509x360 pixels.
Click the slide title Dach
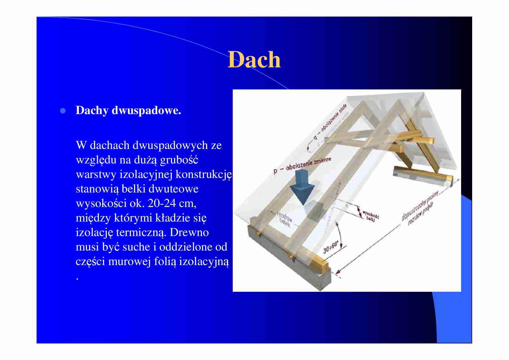click(x=254, y=60)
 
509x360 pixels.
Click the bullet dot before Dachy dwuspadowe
click(x=62, y=111)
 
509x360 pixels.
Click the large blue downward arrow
click(x=302, y=189)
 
